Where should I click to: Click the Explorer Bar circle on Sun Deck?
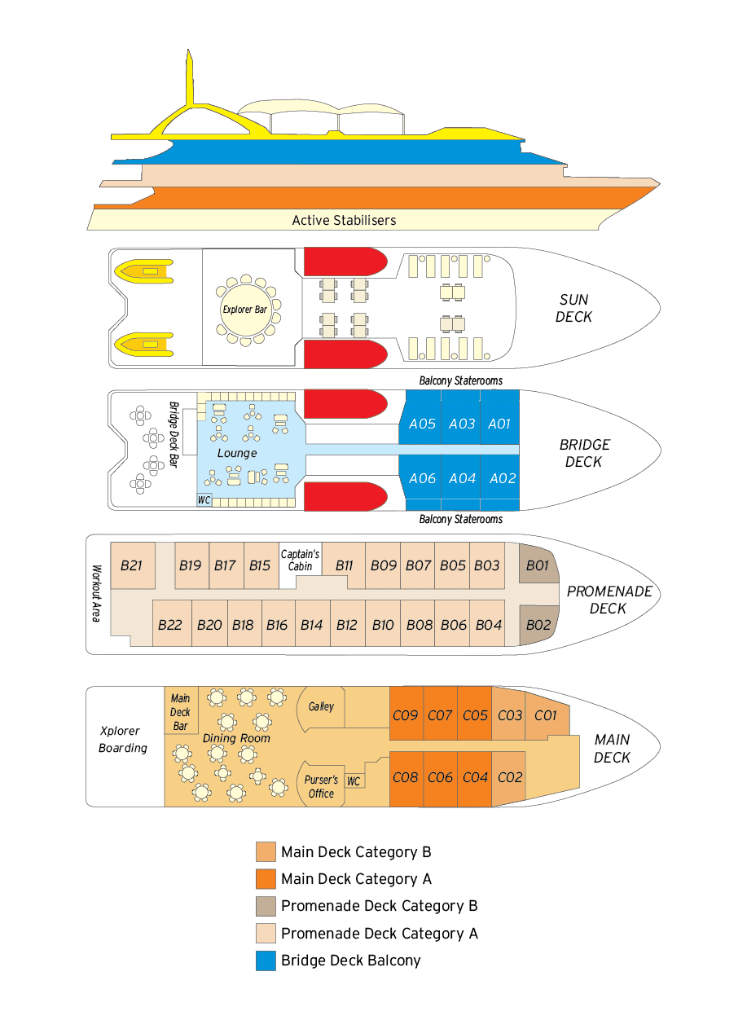click(245, 310)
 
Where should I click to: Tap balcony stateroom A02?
click(500, 477)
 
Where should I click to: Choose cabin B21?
click(133, 565)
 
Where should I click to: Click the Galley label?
click(321, 706)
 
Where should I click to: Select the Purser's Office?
click(321, 786)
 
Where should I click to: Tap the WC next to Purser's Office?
click(354, 781)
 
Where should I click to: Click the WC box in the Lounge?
click(204, 500)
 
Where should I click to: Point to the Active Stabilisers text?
click(344, 221)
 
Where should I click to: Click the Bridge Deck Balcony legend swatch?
click(266, 961)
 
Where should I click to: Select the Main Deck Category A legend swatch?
click(266, 879)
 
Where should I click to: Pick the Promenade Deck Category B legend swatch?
click(266, 906)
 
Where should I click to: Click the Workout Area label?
click(96, 593)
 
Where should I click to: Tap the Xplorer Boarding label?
click(123, 739)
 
